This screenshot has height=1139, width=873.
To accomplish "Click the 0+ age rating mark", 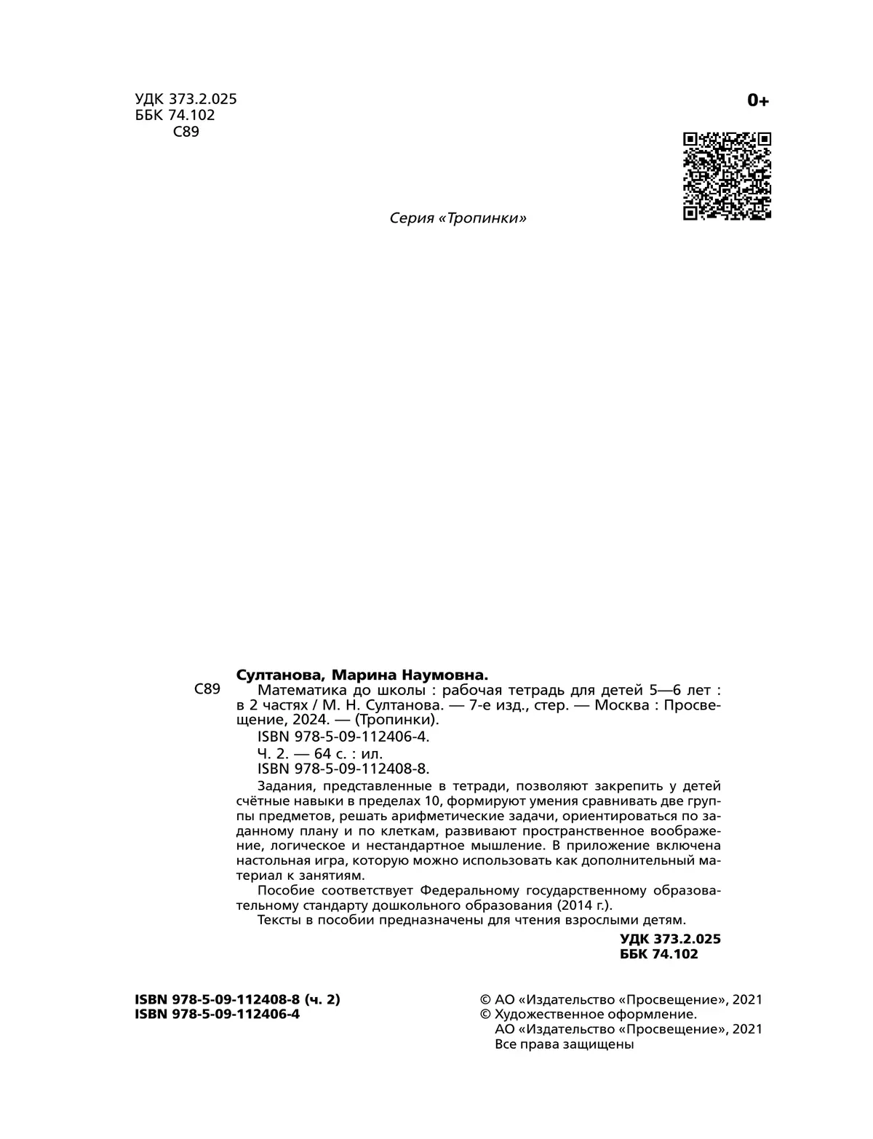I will point(757,100).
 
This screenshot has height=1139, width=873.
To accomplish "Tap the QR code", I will point(727,175).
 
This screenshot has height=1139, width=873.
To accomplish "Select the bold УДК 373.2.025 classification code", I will point(670,938).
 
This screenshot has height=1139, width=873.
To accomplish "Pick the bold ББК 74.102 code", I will point(658,953).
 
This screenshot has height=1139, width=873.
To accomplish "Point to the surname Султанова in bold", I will point(278,674).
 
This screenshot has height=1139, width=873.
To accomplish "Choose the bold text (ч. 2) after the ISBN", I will point(322,999).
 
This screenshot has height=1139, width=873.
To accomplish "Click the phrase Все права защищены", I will point(564,1044).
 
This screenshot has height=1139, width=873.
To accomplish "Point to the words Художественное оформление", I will point(595,1015).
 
